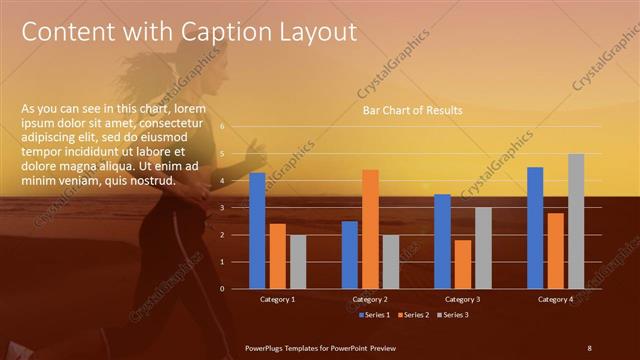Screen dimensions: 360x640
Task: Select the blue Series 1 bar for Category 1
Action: point(258,230)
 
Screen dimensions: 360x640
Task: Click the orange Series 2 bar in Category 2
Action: point(370,228)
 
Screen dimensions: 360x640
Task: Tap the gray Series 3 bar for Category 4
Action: point(576,221)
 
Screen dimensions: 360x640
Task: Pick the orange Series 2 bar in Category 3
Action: point(463,264)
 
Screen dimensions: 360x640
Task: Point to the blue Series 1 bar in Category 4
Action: point(535,227)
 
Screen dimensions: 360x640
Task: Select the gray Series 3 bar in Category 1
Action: point(298,261)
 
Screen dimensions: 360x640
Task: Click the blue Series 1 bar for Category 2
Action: point(350,254)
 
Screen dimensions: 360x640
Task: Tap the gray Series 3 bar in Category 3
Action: point(483,247)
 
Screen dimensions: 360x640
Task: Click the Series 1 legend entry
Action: point(374,315)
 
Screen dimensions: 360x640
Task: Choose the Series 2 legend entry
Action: point(413,315)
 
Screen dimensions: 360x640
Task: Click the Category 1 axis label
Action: point(277,299)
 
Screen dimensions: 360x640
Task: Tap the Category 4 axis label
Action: point(555,299)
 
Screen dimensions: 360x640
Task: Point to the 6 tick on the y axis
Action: point(236,127)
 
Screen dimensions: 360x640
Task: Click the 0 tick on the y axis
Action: point(236,288)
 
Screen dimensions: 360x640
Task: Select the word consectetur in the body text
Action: point(174,121)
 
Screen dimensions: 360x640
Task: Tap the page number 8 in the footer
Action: point(589,346)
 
